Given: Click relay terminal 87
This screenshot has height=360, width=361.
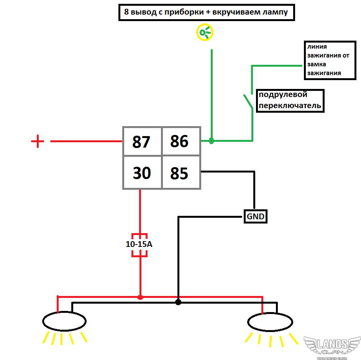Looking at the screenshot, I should click(x=142, y=142).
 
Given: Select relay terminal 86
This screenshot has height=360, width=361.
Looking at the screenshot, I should click(x=179, y=141).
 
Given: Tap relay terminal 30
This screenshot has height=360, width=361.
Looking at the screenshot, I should click(x=142, y=173).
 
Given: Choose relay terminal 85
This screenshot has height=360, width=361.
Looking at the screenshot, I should click(x=179, y=173).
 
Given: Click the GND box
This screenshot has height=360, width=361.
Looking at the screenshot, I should click(x=255, y=217).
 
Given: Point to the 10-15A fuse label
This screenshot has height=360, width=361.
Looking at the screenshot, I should click(x=139, y=244).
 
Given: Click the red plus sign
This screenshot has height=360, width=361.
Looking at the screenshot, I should click(x=38, y=141).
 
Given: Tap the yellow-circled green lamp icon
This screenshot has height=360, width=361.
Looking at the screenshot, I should click(x=205, y=32).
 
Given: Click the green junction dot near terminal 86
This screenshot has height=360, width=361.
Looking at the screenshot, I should click(x=211, y=141).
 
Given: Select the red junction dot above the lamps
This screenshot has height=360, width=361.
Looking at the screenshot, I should click(x=140, y=297).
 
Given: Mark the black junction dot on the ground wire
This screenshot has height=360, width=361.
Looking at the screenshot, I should click(x=178, y=302).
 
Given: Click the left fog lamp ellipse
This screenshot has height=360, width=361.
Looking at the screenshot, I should click(x=64, y=321).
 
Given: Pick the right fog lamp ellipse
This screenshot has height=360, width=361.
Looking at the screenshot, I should click(x=270, y=322).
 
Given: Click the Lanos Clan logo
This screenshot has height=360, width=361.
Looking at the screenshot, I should click(x=332, y=347).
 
